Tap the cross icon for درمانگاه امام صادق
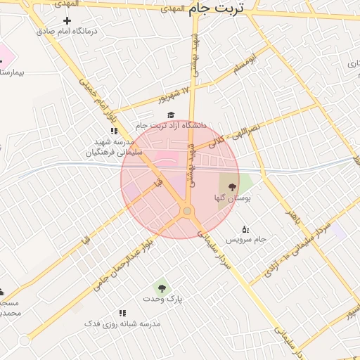[67, 20]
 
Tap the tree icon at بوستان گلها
[233, 187]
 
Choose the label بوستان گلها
[233, 199]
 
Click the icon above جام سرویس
[245, 229]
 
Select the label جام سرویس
[245, 240]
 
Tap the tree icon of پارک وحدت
[162, 288]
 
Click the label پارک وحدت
[162, 299]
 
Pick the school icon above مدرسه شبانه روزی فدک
[122, 313]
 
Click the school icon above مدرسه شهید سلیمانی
[114, 131]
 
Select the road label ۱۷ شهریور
[174, 94]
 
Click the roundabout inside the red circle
[187, 211]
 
